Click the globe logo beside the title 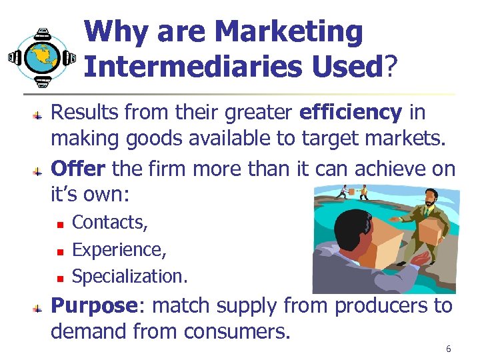42,57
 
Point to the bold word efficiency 351,113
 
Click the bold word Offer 78,169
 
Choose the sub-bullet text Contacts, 110,221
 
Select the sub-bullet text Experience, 119,249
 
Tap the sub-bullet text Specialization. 129,275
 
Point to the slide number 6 449,349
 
